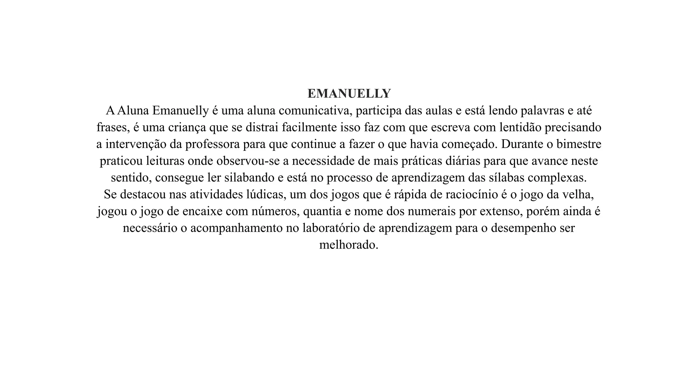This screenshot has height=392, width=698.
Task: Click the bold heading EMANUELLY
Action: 349,94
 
